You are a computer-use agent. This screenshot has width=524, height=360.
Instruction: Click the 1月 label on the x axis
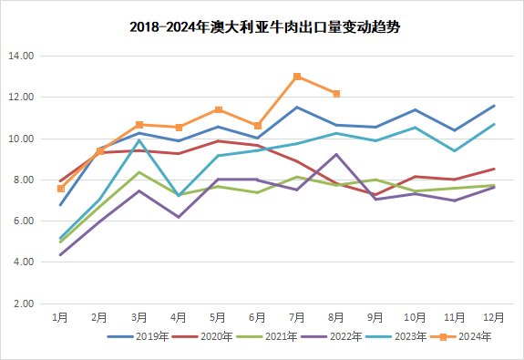(60, 317)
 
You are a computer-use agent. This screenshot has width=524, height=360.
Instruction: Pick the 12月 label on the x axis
(494, 317)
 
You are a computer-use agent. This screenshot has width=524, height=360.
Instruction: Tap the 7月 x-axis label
(297, 317)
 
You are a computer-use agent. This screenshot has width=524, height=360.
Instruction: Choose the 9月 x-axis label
(375, 317)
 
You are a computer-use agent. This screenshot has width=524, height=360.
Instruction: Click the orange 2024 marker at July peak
(297, 77)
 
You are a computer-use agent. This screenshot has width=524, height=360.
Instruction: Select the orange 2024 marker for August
(336, 94)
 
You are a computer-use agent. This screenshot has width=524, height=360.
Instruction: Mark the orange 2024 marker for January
(60, 189)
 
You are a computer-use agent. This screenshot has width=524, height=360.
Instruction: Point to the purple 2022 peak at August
(336, 155)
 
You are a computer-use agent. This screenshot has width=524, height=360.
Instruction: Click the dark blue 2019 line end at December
(494, 106)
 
